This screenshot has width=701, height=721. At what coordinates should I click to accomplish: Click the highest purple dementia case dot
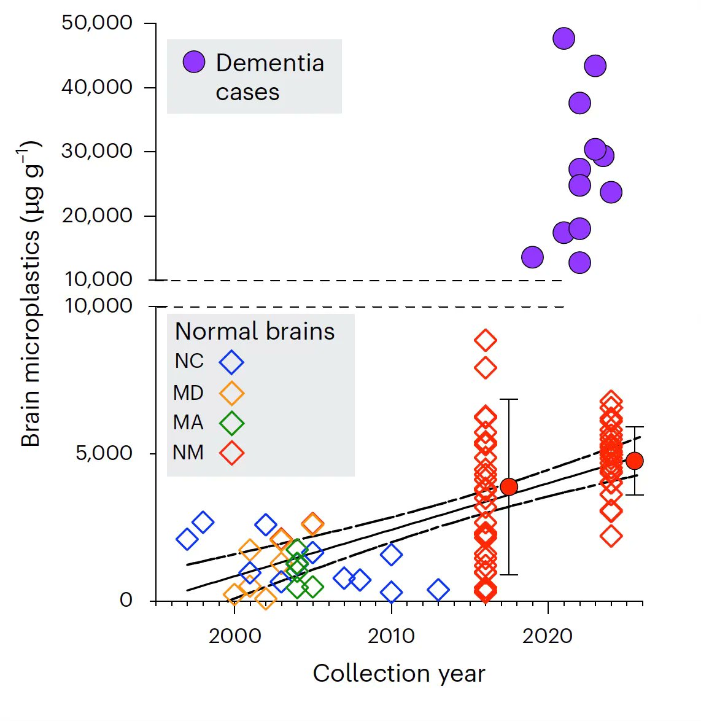564,39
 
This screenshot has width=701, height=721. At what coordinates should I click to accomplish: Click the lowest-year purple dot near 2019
532,257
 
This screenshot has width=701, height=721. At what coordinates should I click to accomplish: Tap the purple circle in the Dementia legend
194,62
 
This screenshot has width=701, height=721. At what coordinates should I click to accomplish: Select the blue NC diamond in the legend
231,362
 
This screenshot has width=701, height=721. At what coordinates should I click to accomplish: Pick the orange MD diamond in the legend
231,393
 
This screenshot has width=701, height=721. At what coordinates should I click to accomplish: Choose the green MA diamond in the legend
231,423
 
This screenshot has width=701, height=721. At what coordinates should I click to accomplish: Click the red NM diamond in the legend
231,453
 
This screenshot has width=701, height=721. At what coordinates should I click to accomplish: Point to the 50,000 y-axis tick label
97,23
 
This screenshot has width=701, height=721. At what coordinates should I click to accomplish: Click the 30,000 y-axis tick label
97,151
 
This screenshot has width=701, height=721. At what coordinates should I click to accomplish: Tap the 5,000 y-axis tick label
104,453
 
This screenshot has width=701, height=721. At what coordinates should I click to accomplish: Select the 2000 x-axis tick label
234,636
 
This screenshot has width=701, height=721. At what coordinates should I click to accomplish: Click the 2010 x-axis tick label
391,636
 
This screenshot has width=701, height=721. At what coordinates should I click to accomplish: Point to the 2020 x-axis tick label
548,636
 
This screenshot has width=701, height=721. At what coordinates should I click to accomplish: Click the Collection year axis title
399,674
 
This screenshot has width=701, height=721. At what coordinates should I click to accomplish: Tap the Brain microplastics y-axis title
31,295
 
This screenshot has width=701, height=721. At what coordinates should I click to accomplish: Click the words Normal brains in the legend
255,332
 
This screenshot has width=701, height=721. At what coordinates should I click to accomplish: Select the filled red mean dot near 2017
508,487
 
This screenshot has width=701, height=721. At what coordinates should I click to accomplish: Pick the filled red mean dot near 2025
634,461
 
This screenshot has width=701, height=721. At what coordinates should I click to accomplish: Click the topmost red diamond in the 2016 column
486,340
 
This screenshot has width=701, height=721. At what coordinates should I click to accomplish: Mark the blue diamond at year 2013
438,590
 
